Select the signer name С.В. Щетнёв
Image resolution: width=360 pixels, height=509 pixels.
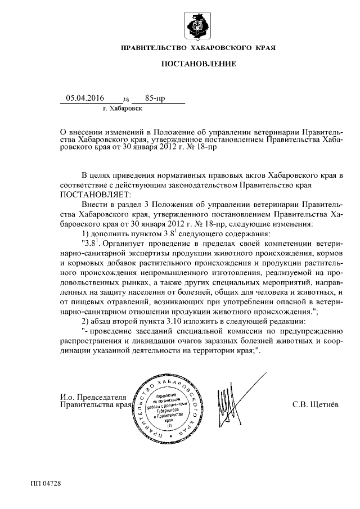pos(316,403)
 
